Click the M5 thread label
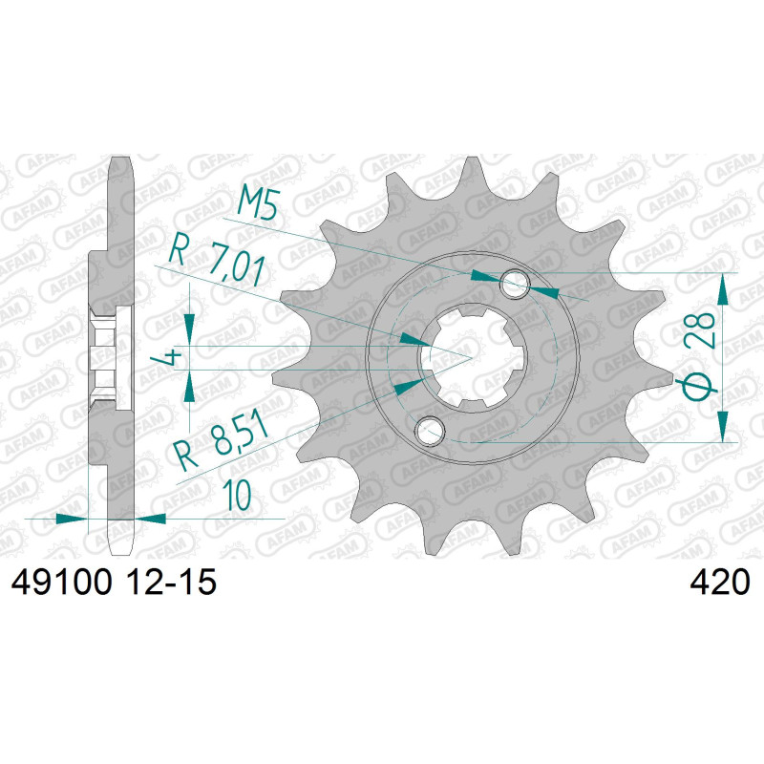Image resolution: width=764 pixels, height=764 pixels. click(257, 203)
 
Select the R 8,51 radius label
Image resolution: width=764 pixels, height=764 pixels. click(223, 441)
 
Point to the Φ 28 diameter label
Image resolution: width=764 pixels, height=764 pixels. click(699, 355)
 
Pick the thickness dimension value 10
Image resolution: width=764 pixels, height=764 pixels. click(237, 495)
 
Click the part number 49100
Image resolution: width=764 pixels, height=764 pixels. click(61, 582)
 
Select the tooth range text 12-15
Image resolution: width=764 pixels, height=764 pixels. click(171, 582)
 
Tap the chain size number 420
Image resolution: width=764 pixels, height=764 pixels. click(719, 582)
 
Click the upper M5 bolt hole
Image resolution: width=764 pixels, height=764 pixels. click(515, 284)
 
